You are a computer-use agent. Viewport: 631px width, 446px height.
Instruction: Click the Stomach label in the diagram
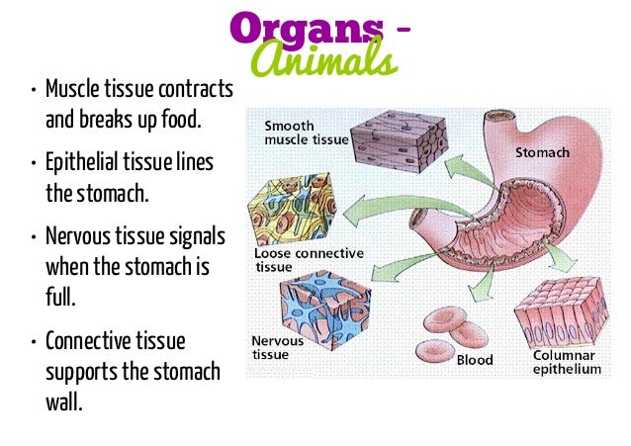[x=541, y=153]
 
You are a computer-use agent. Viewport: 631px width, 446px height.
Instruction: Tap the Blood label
[x=475, y=360]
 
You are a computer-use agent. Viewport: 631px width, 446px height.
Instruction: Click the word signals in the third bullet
[x=196, y=239]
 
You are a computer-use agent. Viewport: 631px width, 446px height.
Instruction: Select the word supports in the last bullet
[x=82, y=373]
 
